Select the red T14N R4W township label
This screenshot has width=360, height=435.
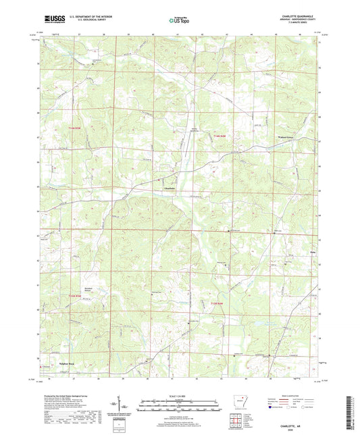(214, 137)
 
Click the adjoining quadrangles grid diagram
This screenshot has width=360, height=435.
(236, 422)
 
